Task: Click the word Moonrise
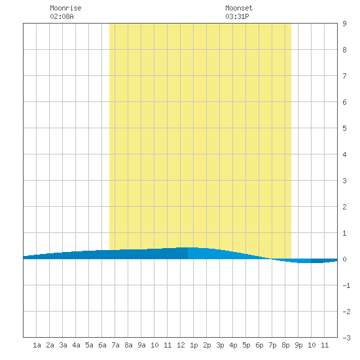point(65,8)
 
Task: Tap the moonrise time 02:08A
point(62,16)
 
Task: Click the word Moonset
point(239,8)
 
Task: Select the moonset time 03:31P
point(237,16)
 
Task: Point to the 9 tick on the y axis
point(344,24)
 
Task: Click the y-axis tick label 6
point(344,102)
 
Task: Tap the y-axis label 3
point(344,181)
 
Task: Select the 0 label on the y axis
point(344,259)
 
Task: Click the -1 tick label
point(346,285)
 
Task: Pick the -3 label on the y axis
point(346,338)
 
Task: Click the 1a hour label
point(37,345)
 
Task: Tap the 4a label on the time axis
point(76,345)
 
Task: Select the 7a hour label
point(115,345)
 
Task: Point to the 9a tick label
point(141,345)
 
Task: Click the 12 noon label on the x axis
point(181,345)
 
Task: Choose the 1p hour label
point(194,345)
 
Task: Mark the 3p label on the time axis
point(220,345)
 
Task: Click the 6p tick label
point(259,345)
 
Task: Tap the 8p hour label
point(285,345)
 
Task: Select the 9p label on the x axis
point(298,345)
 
